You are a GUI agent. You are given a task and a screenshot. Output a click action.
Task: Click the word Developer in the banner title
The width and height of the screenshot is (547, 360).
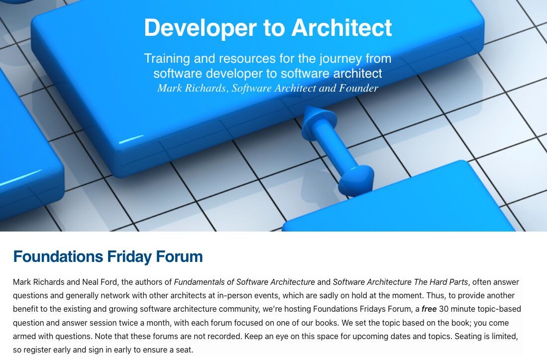(200, 28)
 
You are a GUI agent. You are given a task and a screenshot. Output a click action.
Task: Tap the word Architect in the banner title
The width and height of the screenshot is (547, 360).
(342, 27)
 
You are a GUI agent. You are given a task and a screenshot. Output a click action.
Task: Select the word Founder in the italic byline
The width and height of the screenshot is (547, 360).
(358, 88)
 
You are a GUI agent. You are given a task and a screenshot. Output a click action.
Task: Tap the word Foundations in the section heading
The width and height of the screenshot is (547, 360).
(58, 256)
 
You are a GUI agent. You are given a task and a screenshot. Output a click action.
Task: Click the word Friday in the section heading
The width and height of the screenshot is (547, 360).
(129, 257)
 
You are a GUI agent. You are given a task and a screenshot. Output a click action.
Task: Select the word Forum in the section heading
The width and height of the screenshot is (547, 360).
(179, 256)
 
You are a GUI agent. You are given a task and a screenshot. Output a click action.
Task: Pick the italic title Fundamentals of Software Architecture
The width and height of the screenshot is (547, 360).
(244, 282)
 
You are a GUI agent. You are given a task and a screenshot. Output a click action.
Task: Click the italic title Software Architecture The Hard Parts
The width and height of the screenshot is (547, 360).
(400, 282)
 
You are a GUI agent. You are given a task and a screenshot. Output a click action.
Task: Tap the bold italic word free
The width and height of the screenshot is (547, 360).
(429, 309)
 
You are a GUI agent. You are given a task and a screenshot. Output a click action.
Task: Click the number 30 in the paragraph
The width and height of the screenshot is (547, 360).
(444, 309)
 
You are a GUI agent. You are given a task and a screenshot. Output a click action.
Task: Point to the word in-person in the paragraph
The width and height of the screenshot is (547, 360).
(234, 296)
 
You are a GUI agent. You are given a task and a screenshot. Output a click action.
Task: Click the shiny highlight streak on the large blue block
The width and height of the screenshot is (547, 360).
(131, 139)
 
